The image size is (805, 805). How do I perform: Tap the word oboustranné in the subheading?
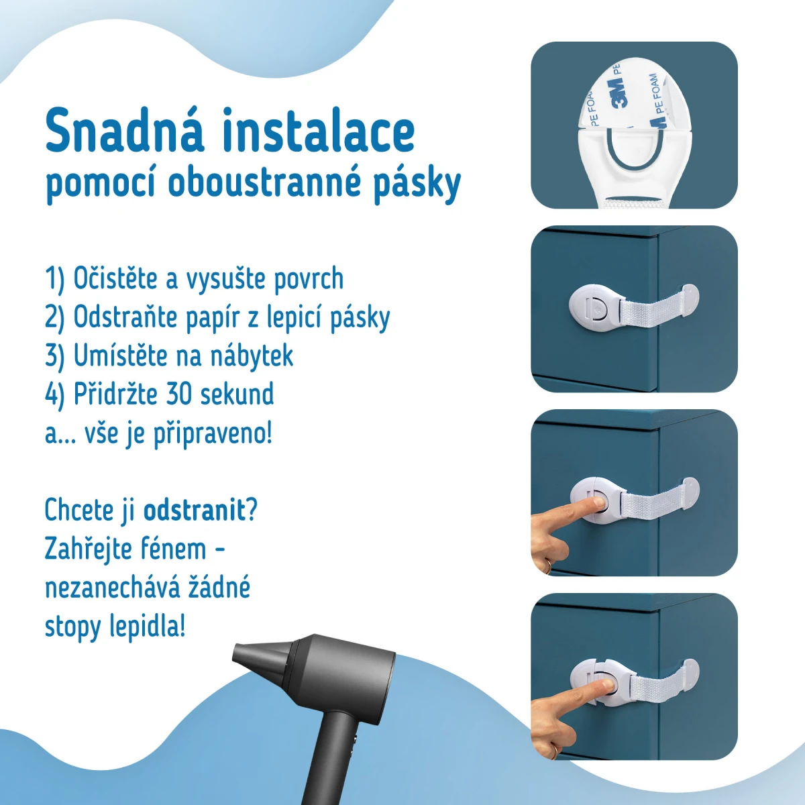click(x=264, y=183)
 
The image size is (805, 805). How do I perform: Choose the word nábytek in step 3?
click(x=252, y=356)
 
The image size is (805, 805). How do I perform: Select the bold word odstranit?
click(x=195, y=510)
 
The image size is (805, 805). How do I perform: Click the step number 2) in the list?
click(x=55, y=319)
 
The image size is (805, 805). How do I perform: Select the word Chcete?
click(x=79, y=510)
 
